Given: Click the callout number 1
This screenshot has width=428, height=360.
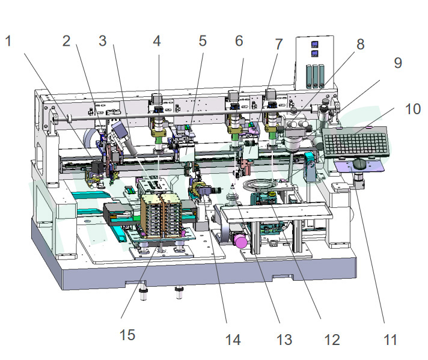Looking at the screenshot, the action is tap(8, 41).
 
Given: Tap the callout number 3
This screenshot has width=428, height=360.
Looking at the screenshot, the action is tap(102, 41).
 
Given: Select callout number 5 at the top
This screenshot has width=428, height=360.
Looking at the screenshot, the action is tap(203, 41).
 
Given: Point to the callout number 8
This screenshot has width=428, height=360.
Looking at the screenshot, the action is tap(360, 44).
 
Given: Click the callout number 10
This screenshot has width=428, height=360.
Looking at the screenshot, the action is tap(412, 109).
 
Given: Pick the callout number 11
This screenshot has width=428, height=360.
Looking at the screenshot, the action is tap(390, 340).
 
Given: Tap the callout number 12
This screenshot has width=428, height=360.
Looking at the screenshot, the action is tap(332, 340).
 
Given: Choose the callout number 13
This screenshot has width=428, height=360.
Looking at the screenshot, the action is tap(284, 340).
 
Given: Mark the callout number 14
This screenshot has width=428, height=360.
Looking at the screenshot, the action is tap(233, 340).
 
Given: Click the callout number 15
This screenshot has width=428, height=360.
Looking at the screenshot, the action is tap(127, 335).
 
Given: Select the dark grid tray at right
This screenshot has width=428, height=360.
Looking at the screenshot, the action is tap(356, 142).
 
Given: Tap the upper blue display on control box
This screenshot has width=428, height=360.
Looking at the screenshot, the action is tap(314, 44).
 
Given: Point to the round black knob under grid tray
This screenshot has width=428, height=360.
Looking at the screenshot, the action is tap(359, 164).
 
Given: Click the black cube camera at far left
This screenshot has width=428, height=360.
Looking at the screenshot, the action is tap(98, 167).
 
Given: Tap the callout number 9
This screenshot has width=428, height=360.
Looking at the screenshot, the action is tap(398, 63).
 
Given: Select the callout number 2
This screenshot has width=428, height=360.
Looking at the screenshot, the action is tap(66, 41).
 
